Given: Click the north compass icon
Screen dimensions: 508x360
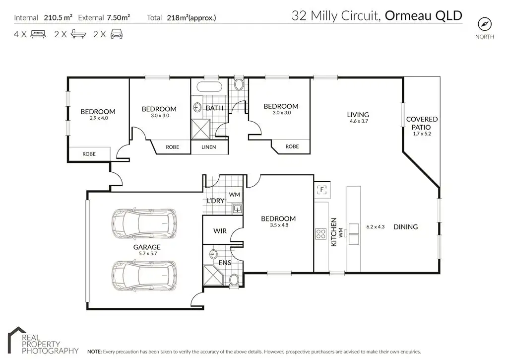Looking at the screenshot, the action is tap(485, 24).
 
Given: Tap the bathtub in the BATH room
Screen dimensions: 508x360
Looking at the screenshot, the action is tap(209, 87).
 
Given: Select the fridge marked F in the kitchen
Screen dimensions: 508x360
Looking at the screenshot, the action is tap(321, 190).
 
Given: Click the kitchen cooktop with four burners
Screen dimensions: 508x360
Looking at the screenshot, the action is tap(321, 234).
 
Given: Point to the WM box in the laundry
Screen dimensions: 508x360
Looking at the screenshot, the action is tap(234, 195).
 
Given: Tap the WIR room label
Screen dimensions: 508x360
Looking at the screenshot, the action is tap(220, 231).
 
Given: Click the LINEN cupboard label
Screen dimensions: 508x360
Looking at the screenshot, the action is tap(209, 147).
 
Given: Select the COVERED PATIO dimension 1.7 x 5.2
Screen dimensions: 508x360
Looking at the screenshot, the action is tap(422, 134).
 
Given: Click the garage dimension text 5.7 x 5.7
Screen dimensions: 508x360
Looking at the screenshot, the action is tap(148, 254).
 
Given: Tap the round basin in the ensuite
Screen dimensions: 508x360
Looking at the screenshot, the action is tap(213, 253).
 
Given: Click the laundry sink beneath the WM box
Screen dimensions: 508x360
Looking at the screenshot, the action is tap(237, 209).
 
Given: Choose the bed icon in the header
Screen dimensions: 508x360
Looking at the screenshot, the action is tap(38, 34).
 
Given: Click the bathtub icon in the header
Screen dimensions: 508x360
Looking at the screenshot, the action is tap(78, 34).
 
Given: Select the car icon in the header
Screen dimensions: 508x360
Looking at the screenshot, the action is tap(117, 34).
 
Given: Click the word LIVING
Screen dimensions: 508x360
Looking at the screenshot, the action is tap(358, 115).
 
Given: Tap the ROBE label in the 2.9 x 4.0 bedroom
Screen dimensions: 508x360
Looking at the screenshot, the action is tap(89, 154).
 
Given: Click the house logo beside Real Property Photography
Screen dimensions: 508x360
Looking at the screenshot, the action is tap(17, 340).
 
